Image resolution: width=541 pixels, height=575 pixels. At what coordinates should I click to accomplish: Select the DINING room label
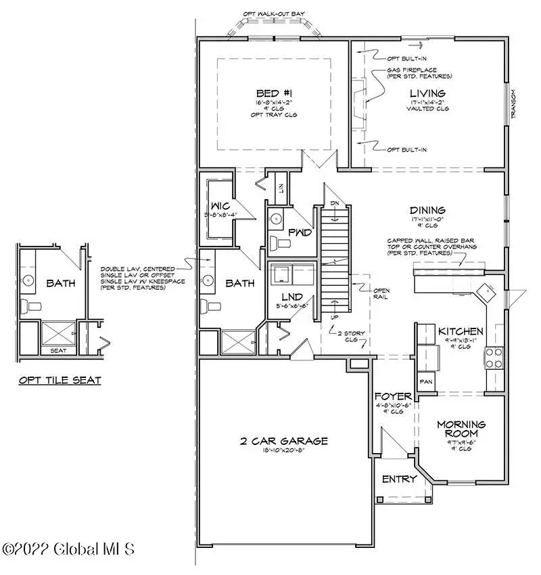coord(427,210)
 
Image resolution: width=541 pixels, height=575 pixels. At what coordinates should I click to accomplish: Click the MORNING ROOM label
coord(461,429)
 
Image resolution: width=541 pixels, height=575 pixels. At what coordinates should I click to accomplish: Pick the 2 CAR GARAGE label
coord(283,441)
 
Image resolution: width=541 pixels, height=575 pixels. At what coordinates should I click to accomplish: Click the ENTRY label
coord(400,479)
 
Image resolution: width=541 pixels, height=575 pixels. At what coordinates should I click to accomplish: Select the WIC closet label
coord(218,205)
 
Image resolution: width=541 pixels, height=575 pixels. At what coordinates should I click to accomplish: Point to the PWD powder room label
coord(299,232)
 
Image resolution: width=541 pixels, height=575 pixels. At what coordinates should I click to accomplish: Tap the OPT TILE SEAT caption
coord(60,380)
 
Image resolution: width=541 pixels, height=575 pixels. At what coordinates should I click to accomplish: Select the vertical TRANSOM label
coord(514,104)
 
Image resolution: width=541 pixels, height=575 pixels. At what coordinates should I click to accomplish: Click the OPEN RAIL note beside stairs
coord(381,293)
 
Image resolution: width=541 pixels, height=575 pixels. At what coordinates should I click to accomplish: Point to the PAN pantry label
coord(427,382)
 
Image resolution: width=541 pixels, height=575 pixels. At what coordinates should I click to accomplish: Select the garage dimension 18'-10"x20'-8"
coord(283,452)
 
